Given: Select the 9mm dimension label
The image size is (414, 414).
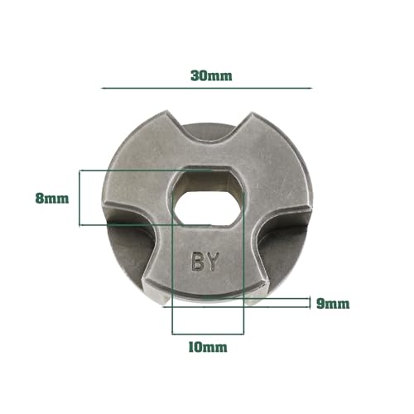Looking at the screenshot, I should click(333, 303).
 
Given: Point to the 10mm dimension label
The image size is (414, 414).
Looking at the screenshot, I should click(208, 347).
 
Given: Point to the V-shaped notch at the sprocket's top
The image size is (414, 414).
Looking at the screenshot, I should click(209, 132).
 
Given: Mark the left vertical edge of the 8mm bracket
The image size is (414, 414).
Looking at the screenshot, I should click(80, 199).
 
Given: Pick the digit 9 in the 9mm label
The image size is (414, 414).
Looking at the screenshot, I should click(320, 303).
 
